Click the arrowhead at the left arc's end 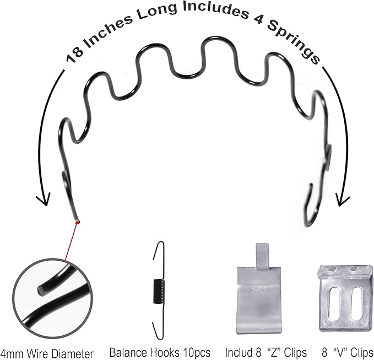pyautogui.click(x=43, y=200)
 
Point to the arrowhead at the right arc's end pyautogui.click(x=343, y=200)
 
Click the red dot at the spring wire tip pyautogui.click(x=77, y=223)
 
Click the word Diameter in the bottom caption pyautogui.click(x=73, y=354)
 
